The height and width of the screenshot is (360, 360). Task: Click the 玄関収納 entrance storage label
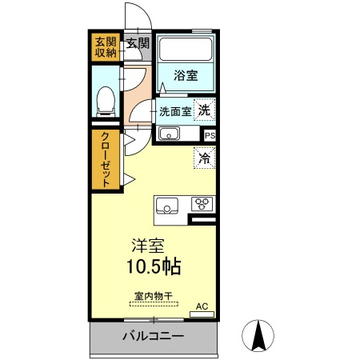[x=106, y=47]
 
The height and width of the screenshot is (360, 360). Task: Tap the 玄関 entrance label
[x=138, y=43]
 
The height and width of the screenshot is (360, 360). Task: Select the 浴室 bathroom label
[x=186, y=76]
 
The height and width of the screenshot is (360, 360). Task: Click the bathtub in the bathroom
[x=185, y=53]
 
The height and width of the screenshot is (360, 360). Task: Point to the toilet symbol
[x=104, y=99]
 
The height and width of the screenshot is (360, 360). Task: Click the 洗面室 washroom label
[x=174, y=112]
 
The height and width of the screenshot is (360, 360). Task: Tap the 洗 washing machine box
[x=205, y=110]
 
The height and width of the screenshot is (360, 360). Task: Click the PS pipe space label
[x=210, y=136]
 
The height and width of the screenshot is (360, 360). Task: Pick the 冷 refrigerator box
[x=205, y=158]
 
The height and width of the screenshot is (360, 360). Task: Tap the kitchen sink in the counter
[x=167, y=205]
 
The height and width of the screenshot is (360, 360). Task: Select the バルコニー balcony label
[x=153, y=336]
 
